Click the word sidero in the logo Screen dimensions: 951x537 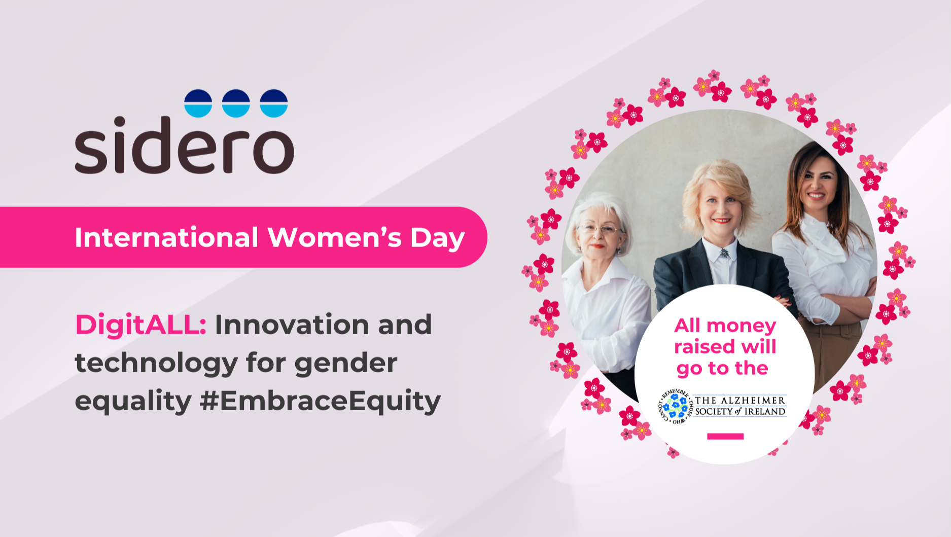pos(185,145)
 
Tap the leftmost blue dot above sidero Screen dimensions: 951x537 pos(198,103)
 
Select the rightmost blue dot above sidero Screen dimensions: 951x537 pos(274,103)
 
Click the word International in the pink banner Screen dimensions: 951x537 pos(167,237)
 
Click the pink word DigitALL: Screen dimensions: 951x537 pos(141,325)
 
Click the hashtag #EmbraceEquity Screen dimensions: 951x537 pos(321,402)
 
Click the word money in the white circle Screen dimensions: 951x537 pos(742,326)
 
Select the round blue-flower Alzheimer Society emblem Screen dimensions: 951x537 pos(675,406)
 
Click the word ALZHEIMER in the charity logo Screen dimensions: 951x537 pos(753,401)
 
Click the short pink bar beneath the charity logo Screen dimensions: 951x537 pos(725,436)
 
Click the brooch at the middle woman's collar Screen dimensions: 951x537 pos(724,252)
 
